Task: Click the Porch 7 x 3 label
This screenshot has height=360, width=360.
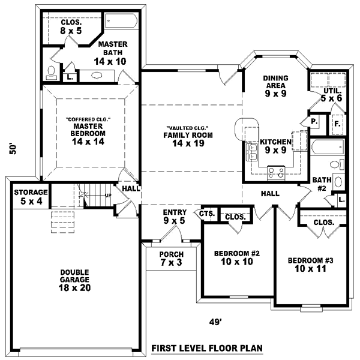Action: coord(171,258)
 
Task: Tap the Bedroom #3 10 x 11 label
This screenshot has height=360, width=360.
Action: coord(310,264)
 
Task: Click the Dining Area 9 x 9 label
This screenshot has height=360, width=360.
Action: coord(276,85)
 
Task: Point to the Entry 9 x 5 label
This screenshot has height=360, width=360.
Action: coord(174,217)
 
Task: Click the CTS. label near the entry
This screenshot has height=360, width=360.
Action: coord(208,214)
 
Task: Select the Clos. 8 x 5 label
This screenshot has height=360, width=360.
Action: coord(71,26)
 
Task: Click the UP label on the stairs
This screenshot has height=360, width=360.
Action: coord(108,196)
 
